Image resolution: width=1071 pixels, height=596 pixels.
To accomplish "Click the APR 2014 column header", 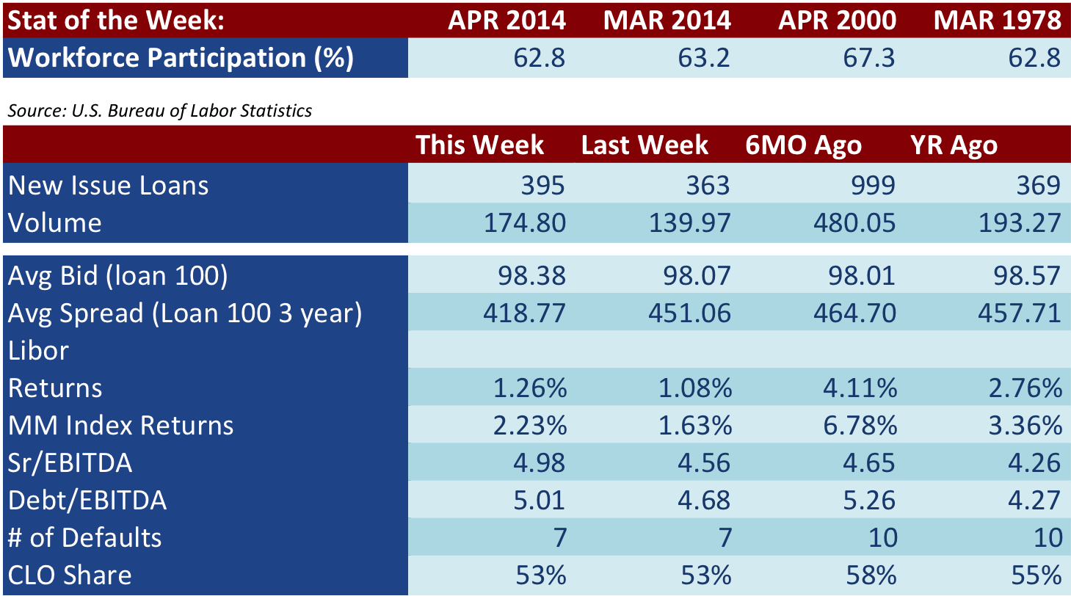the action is [x=507, y=21].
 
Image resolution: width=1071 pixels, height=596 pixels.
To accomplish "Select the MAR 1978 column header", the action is [x=998, y=21].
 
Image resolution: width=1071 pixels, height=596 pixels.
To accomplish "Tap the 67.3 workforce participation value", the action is [x=868, y=58].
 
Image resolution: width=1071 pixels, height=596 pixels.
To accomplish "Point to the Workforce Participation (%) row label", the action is [x=181, y=58].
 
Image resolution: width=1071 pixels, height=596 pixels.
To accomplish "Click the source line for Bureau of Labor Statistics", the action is [x=160, y=111].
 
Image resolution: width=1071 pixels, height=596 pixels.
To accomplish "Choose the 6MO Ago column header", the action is [x=803, y=145].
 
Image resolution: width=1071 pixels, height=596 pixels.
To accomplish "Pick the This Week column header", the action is [x=479, y=145].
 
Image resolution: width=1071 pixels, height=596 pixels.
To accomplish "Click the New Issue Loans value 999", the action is [x=873, y=186].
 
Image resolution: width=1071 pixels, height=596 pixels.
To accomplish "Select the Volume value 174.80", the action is [x=525, y=223].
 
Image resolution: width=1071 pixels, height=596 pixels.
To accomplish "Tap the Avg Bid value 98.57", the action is [x=1027, y=276].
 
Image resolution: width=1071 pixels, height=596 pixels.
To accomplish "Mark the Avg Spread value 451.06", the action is [x=689, y=313].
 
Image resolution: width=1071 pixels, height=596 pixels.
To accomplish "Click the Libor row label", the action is [x=38, y=350].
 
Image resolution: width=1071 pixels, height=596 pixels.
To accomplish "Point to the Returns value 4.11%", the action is [x=860, y=388].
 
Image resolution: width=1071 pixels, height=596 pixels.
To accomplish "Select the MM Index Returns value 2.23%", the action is [x=530, y=426].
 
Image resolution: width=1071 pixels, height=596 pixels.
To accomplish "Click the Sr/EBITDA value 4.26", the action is [x=1034, y=462].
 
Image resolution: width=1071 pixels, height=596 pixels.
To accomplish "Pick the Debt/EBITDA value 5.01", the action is [x=539, y=501].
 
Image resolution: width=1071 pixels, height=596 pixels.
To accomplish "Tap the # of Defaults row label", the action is [x=84, y=538].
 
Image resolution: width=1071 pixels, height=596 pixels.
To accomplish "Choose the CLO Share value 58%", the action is [x=871, y=575].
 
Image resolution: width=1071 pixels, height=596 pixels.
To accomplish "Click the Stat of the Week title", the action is [x=116, y=21].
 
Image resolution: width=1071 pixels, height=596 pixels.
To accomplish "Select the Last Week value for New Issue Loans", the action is [x=708, y=186].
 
